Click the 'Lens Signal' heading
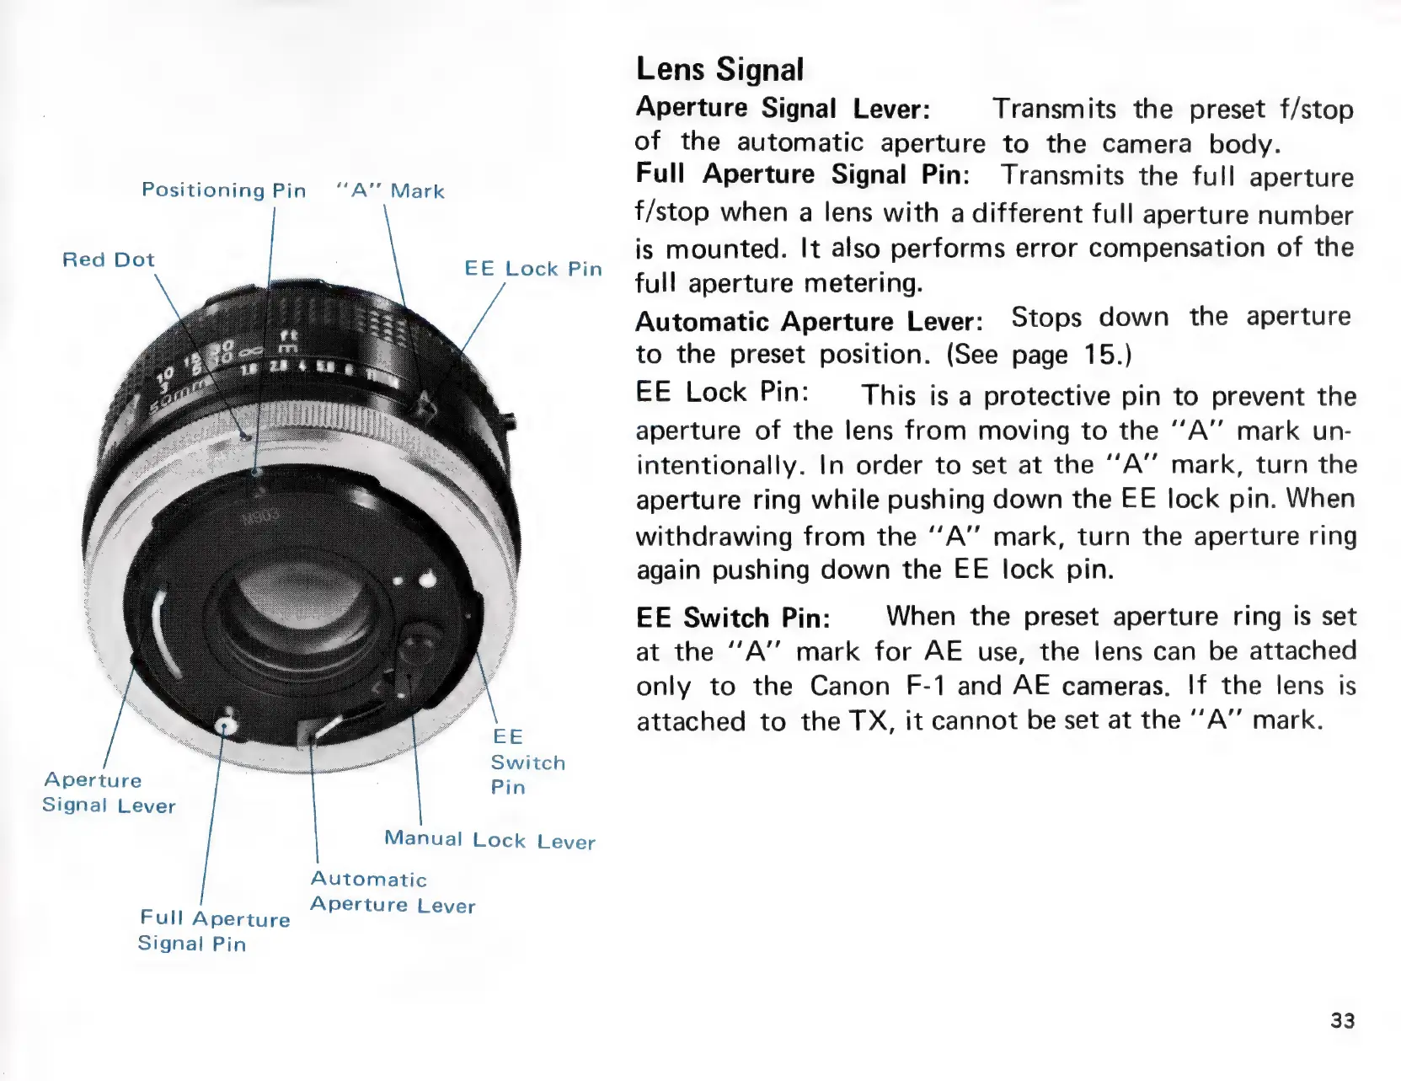pos(720,69)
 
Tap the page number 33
pos(1342,1020)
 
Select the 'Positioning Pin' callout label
pos(223,190)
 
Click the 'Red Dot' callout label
pos(109,260)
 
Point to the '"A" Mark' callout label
pos(390,191)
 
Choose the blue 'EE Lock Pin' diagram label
pos(533,269)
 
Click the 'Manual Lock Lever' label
pos(489,840)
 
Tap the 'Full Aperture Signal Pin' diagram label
pos(214,931)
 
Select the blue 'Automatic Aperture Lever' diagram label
pos(393,892)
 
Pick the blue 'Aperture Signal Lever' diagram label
pos(109,793)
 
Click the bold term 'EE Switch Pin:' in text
pos(733,618)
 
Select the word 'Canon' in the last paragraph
pos(849,686)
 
